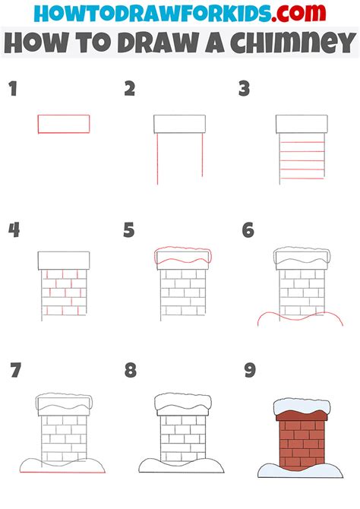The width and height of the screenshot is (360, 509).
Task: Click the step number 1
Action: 12,90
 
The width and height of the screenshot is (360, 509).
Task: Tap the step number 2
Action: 130,90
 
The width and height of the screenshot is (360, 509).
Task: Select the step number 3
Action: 244,90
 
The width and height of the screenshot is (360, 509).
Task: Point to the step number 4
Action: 13,230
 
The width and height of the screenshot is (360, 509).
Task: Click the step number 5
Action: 129,230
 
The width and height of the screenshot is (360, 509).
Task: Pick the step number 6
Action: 248,230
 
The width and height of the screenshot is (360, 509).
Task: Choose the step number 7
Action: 14,371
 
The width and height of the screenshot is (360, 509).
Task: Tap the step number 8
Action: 131,371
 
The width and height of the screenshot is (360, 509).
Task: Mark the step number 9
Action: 248,371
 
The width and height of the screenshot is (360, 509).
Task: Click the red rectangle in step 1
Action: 64,124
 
